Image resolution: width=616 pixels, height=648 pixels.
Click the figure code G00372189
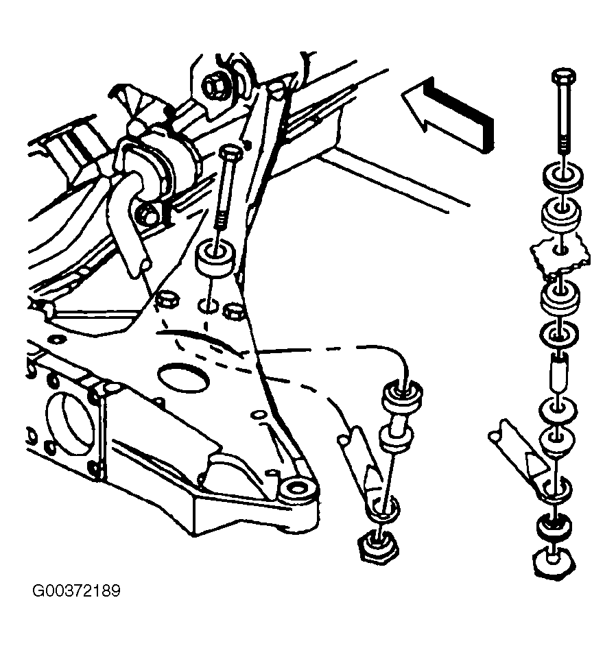point(76,590)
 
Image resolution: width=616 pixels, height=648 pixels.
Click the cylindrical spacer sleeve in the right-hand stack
point(559,371)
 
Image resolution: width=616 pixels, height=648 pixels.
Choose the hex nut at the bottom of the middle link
point(378,547)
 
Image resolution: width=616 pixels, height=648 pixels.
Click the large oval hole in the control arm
point(182,378)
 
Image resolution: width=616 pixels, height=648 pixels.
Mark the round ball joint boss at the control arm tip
point(296,488)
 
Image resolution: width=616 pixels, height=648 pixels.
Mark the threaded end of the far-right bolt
point(563,147)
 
